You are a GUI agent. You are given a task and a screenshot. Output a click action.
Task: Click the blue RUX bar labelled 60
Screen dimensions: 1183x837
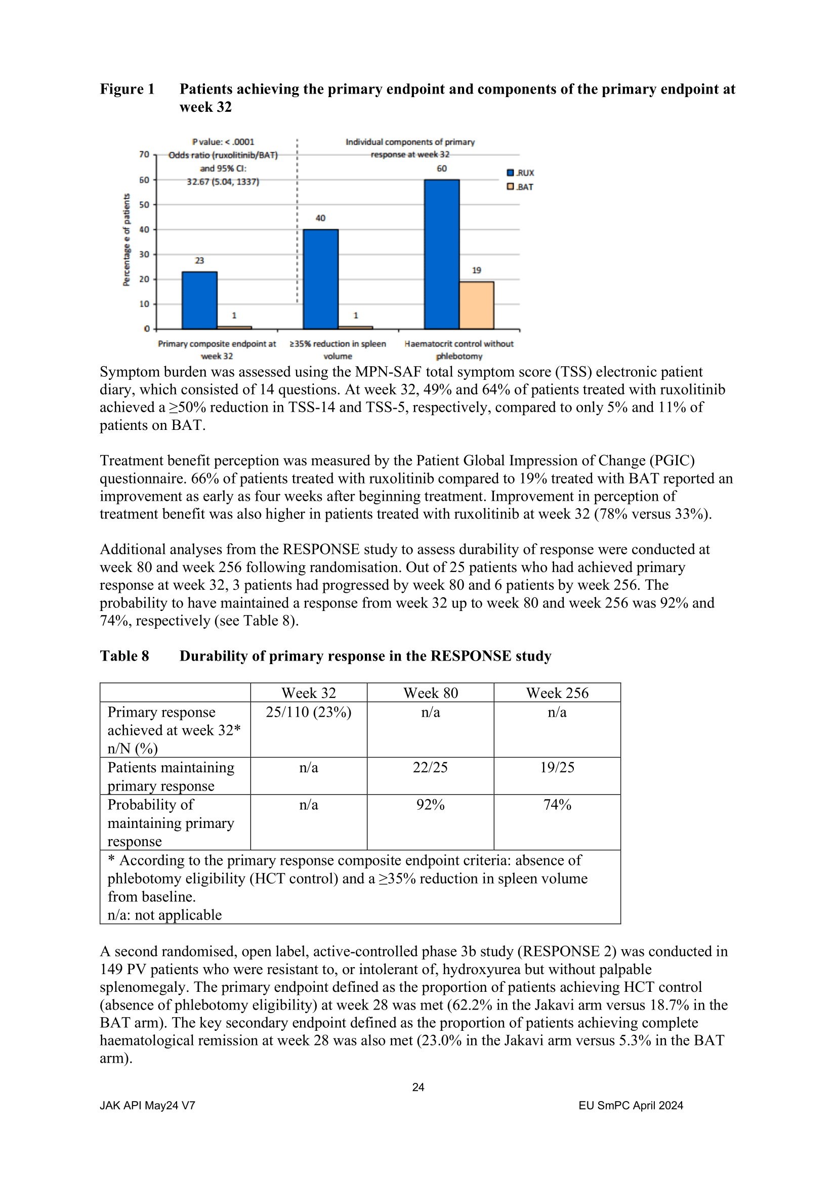tap(442, 254)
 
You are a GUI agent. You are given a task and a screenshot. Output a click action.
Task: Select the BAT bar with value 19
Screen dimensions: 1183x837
tap(476, 305)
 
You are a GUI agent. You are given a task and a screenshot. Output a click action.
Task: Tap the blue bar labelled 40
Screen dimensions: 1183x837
tap(320, 279)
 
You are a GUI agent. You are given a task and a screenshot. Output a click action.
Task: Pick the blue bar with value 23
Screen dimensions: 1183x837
tap(199, 300)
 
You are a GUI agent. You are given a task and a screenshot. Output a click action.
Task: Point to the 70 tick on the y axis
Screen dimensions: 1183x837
tap(144, 155)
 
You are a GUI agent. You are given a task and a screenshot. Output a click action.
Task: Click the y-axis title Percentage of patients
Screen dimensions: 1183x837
tap(127, 240)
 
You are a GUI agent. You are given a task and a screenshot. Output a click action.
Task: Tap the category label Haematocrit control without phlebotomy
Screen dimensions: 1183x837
tap(458, 350)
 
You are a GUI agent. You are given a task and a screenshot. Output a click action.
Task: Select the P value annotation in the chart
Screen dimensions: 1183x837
tap(223, 142)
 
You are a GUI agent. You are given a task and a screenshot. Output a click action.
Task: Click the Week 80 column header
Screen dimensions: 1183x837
tap(430, 693)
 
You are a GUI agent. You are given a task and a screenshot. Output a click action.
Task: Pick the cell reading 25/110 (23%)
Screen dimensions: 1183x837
tap(308, 712)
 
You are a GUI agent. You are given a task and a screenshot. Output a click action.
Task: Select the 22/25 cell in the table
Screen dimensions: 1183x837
tap(430, 767)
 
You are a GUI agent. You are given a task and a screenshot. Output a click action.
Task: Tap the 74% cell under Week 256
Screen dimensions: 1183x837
tap(557, 804)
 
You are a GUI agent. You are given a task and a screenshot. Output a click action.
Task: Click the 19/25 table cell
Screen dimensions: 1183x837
tap(557, 767)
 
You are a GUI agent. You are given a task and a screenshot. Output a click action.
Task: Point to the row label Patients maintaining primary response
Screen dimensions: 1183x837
tap(171, 776)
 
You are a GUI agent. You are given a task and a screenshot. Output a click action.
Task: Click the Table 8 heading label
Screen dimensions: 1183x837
tap(124, 656)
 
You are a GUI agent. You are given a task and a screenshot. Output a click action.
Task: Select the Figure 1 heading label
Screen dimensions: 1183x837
tap(128, 89)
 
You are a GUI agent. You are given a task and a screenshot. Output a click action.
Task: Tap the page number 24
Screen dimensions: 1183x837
tap(418, 1087)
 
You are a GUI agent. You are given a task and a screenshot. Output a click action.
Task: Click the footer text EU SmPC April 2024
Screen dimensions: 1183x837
tap(631, 1105)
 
